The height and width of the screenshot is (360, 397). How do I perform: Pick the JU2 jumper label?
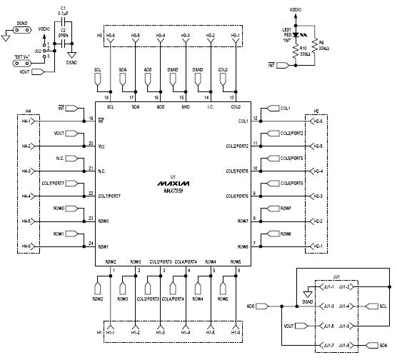(39, 51)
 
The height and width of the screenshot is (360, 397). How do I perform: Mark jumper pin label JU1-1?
(328, 286)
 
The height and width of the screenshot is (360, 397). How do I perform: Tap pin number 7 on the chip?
(256, 243)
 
